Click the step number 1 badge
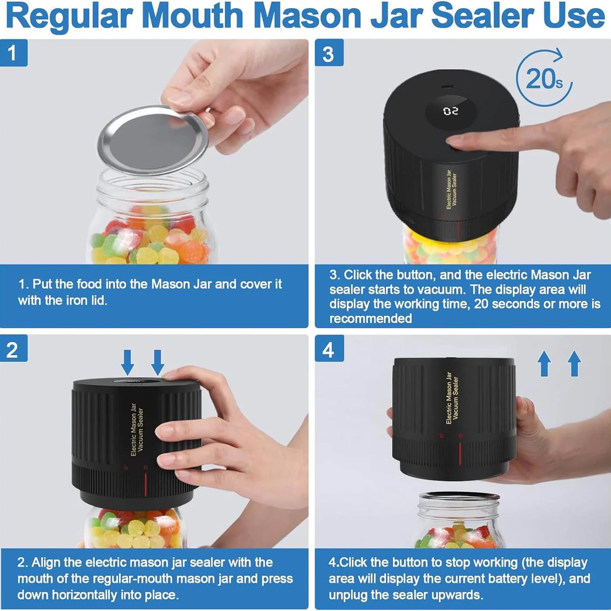point(13,53)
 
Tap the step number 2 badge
point(13,349)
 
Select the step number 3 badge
point(329,53)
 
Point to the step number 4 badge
point(329,349)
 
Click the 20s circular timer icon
point(544,78)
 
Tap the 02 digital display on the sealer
point(451,111)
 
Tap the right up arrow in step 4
point(574,363)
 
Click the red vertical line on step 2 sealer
point(146,484)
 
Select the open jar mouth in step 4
point(459,497)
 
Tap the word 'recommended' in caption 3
point(371,319)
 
